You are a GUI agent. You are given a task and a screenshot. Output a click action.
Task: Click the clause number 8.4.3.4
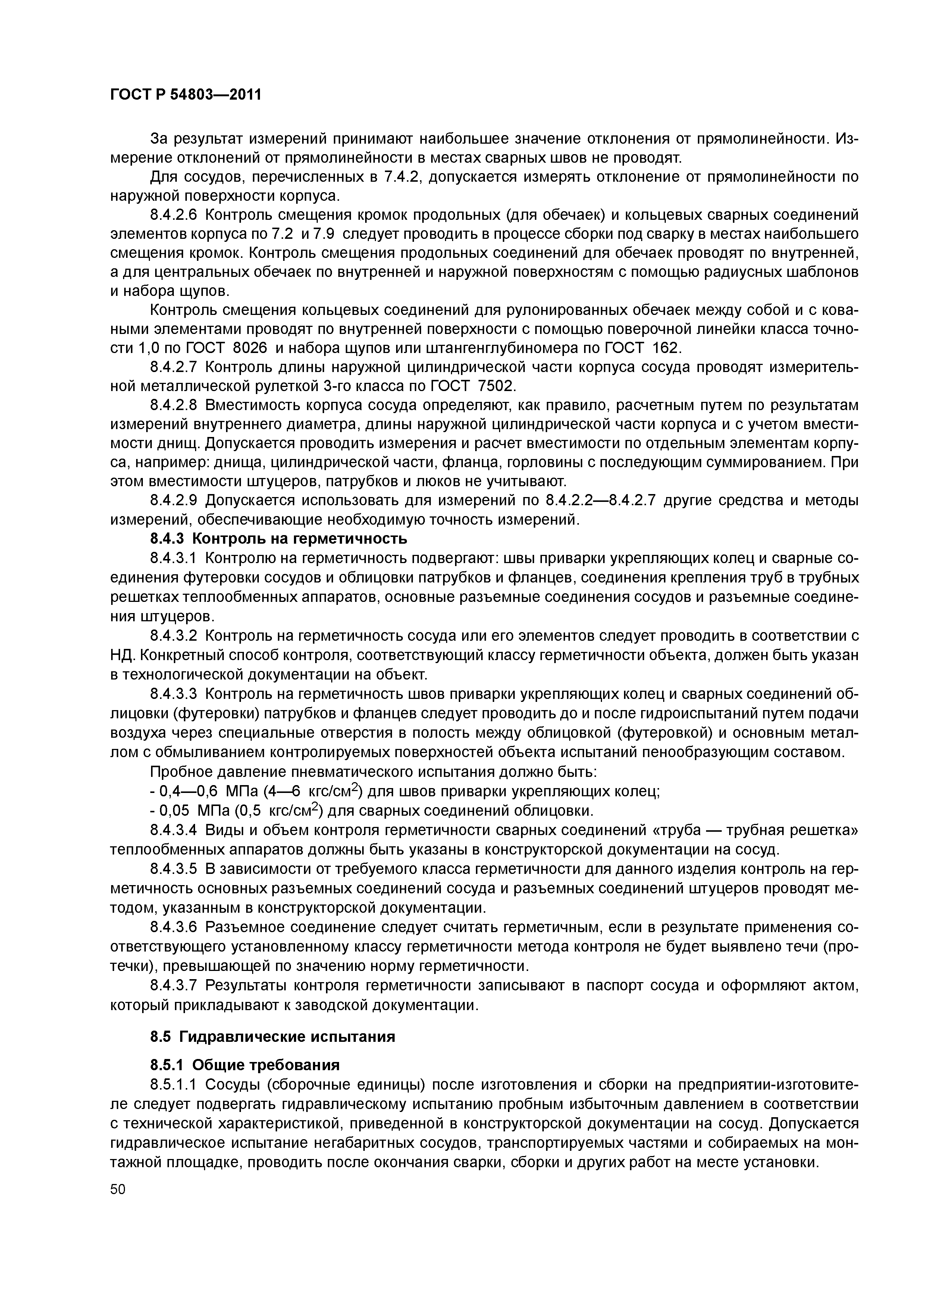(x=173, y=831)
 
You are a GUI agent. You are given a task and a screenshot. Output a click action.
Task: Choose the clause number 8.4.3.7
(x=173, y=985)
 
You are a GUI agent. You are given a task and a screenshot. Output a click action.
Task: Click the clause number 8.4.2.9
(x=173, y=500)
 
